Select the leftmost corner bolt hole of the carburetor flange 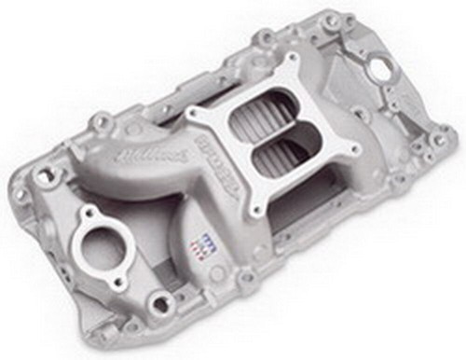[x=196, y=118]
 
